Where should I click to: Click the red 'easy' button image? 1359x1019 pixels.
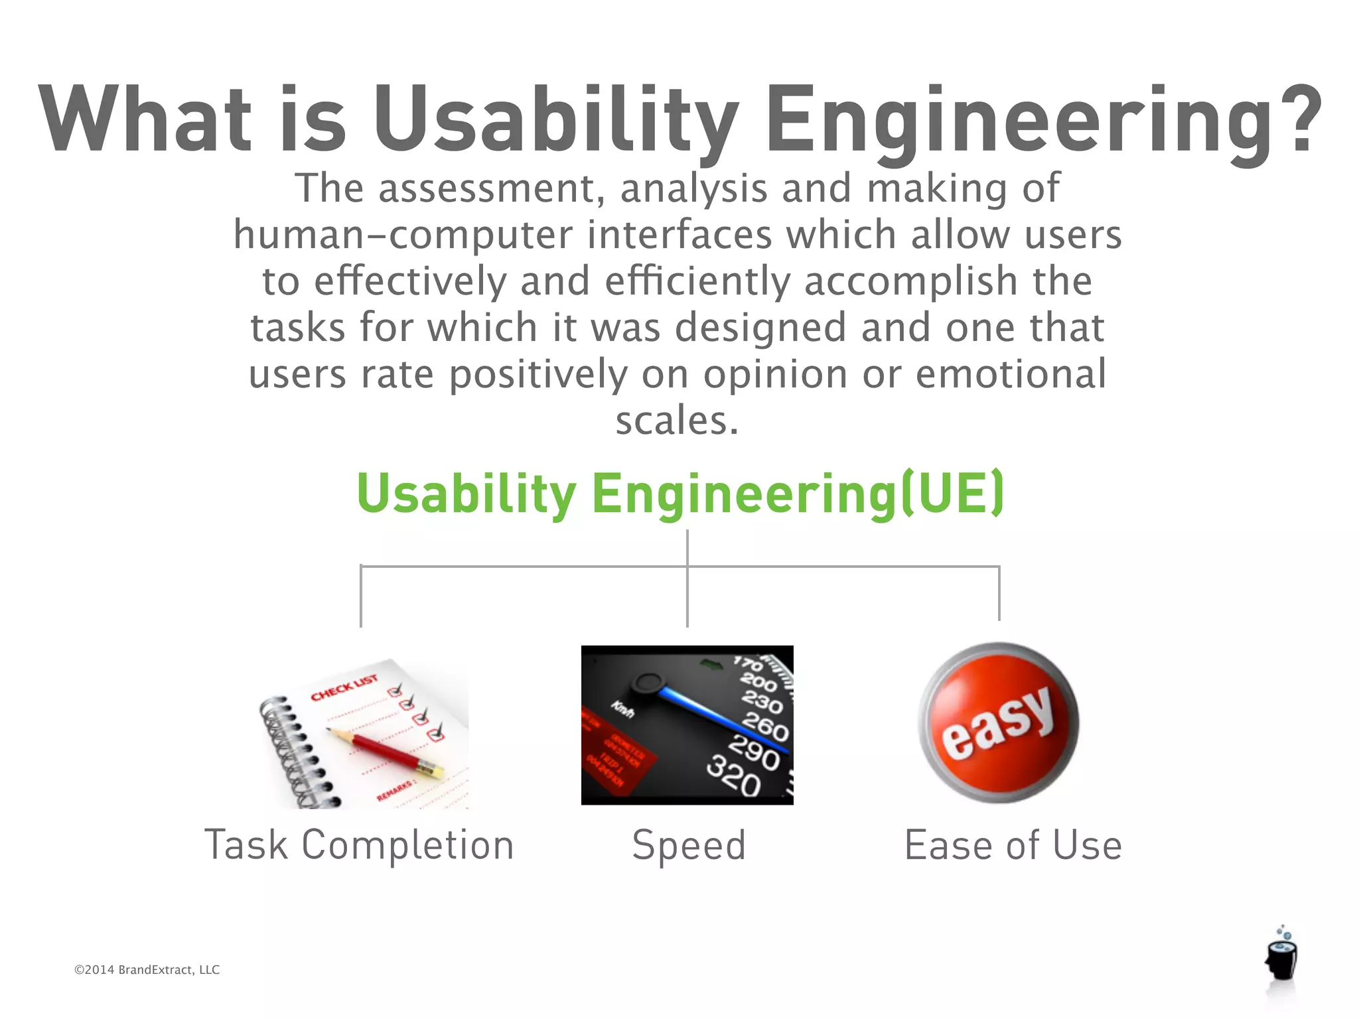(999, 723)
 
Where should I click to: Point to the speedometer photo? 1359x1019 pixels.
(687, 725)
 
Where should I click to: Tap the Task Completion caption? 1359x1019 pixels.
(359, 845)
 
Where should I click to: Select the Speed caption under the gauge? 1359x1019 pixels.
(689, 845)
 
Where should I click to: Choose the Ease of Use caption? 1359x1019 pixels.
(1013, 845)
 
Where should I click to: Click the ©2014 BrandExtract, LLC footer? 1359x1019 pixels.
(147, 970)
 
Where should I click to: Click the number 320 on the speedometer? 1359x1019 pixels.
(733, 776)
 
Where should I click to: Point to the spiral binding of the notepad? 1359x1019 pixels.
(292, 750)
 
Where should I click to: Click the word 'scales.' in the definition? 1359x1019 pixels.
(677, 421)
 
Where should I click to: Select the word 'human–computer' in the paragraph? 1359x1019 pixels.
(403, 235)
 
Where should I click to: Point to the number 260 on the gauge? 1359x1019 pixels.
(765, 726)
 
